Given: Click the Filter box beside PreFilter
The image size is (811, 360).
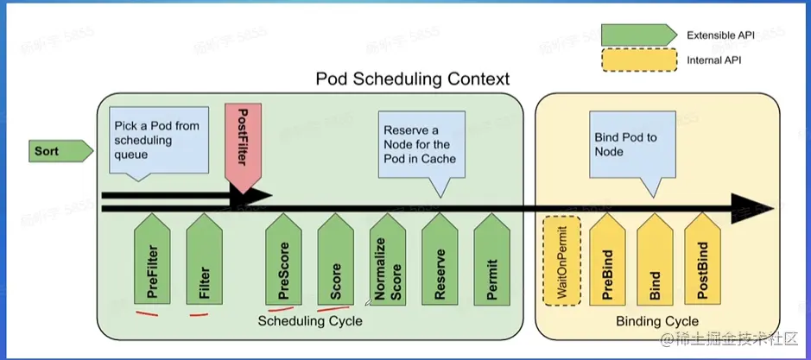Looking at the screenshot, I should coord(206,262).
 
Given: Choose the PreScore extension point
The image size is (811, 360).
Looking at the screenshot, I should coord(285,262).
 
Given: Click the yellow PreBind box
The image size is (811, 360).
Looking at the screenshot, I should coord(607,262).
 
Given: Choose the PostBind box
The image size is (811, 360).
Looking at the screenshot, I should coord(703,262).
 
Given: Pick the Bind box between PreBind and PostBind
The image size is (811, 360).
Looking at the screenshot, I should coord(656,262).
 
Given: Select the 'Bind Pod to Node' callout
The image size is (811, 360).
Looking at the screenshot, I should coord(634,144).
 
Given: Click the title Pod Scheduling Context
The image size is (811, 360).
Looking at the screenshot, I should coord(412,79).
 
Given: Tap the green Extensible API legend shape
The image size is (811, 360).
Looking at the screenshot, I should coord(637,35).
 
